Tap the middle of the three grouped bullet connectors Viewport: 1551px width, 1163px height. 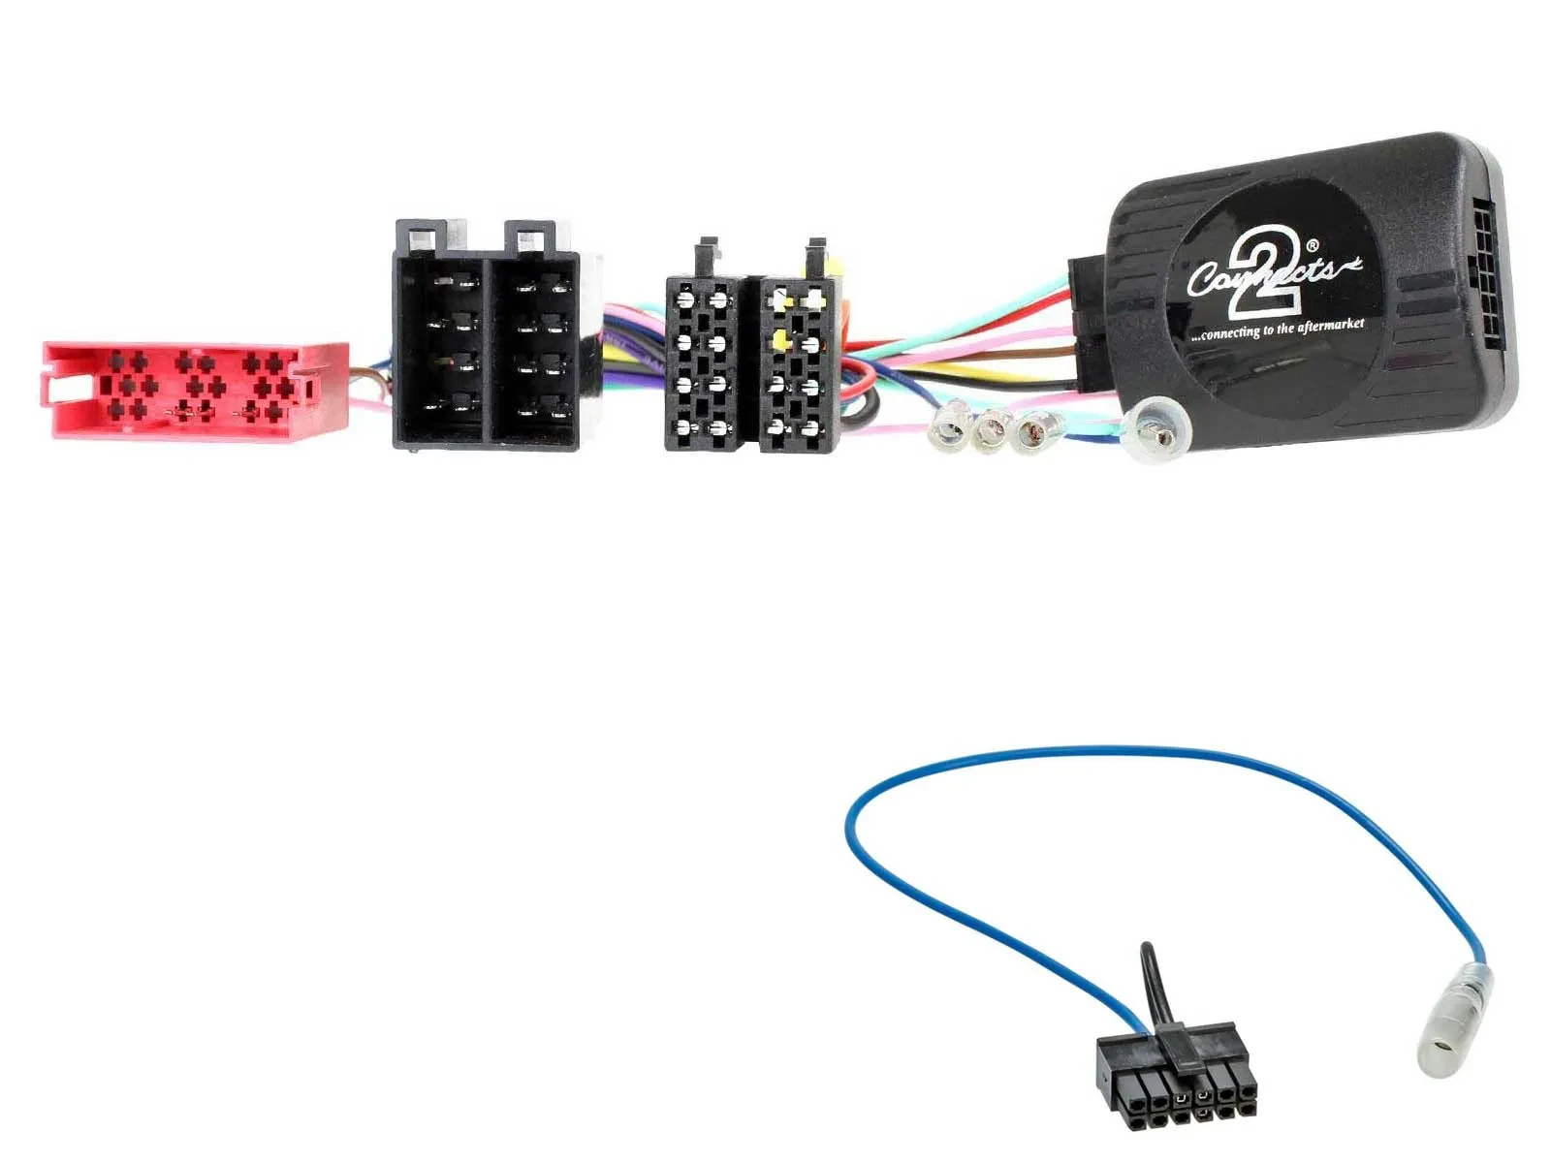[x=991, y=428]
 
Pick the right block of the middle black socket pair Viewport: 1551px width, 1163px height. [x=797, y=364]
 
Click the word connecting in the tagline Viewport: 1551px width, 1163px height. [x=1230, y=333]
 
